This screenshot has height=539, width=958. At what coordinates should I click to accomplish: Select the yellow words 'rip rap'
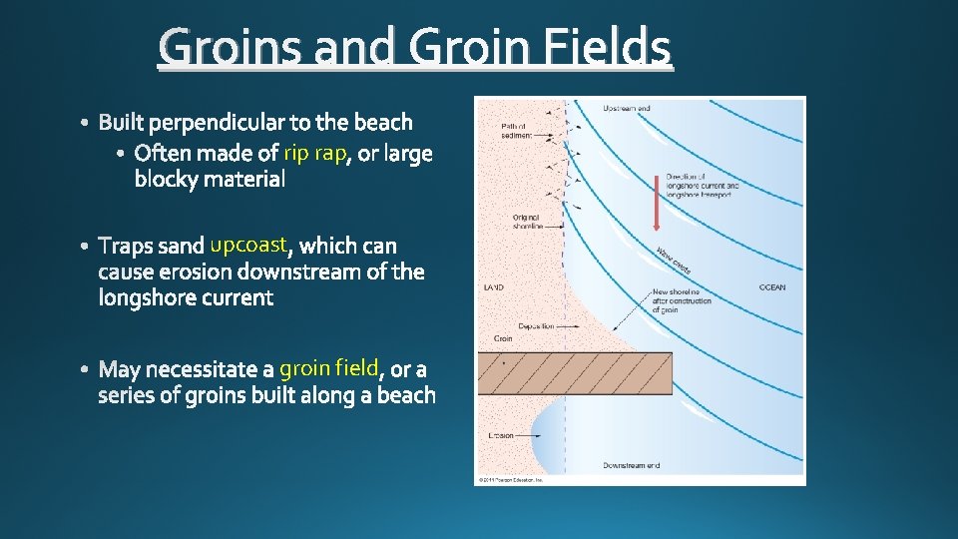[x=315, y=153]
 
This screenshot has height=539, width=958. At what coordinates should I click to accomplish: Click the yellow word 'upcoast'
[x=248, y=245]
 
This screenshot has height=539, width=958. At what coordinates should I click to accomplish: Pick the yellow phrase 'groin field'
[x=329, y=368]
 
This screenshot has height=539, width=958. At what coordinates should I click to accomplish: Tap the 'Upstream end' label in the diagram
[x=627, y=108]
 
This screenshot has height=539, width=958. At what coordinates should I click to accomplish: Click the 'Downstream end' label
[x=631, y=466]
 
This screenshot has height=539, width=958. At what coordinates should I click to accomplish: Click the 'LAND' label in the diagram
[x=494, y=287]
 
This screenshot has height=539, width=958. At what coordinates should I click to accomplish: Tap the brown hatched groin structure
[x=574, y=373]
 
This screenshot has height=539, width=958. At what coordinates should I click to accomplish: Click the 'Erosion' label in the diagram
[x=501, y=435]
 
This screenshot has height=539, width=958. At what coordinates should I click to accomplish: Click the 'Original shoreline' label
[x=526, y=222]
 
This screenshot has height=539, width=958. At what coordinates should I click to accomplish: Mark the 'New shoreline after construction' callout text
[x=682, y=300]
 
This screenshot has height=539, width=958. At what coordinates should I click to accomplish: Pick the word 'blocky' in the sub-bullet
[x=166, y=180]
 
